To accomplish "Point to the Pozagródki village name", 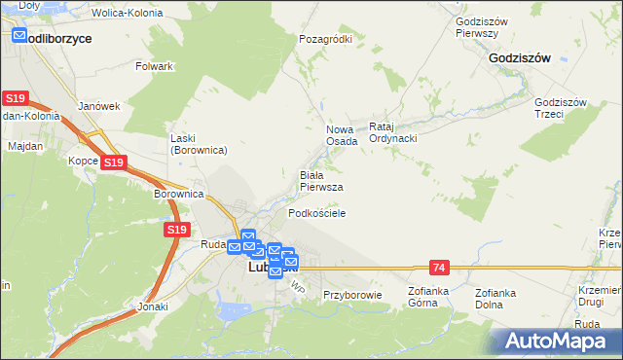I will [x=325, y=39].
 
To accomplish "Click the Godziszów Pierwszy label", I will [x=477, y=26].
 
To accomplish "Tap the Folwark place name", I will [x=155, y=66].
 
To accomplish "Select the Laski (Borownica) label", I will [x=199, y=144].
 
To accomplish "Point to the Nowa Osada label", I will [x=342, y=134].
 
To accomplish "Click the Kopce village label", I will [x=83, y=161].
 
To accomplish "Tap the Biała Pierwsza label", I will [x=320, y=180].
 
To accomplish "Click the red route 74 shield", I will [x=439, y=267].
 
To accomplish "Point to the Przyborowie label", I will [x=352, y=294].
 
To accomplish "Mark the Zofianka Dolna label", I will [x=495, y=298].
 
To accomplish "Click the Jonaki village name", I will [x=153, y=306].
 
